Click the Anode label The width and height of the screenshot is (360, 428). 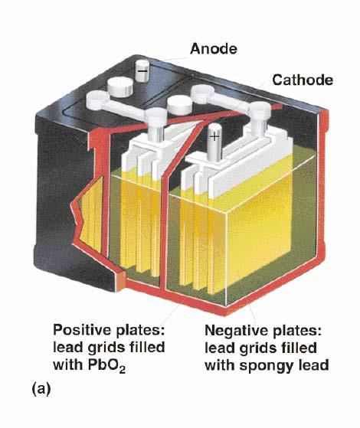(x=214, y=49)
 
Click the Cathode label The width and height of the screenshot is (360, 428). (x=303, y=80)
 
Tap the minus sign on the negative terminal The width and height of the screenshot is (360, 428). (x=142, y=71)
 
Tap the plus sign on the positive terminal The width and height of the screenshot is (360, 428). (x=214, y=136)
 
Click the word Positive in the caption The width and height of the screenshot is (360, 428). (x=83, y=330)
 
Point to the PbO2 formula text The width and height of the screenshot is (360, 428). (x=106, y=365)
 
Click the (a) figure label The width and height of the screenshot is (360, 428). (x=41, y=388)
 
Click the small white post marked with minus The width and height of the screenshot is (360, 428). (x=142, y=70)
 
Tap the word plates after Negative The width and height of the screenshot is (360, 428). (x=297, y=331)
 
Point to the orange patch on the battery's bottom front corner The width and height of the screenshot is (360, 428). (x=120, y=280)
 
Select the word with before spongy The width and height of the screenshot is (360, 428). (x=220, y=365)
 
